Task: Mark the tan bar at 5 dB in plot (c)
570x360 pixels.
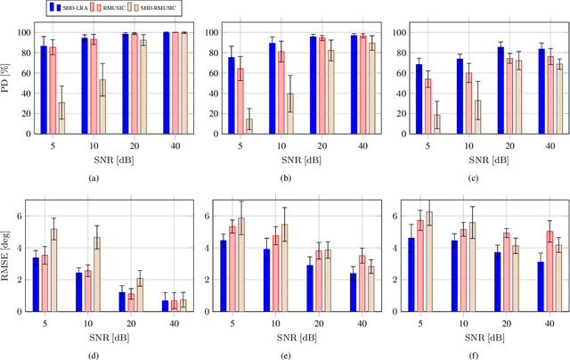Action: (436, 124)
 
